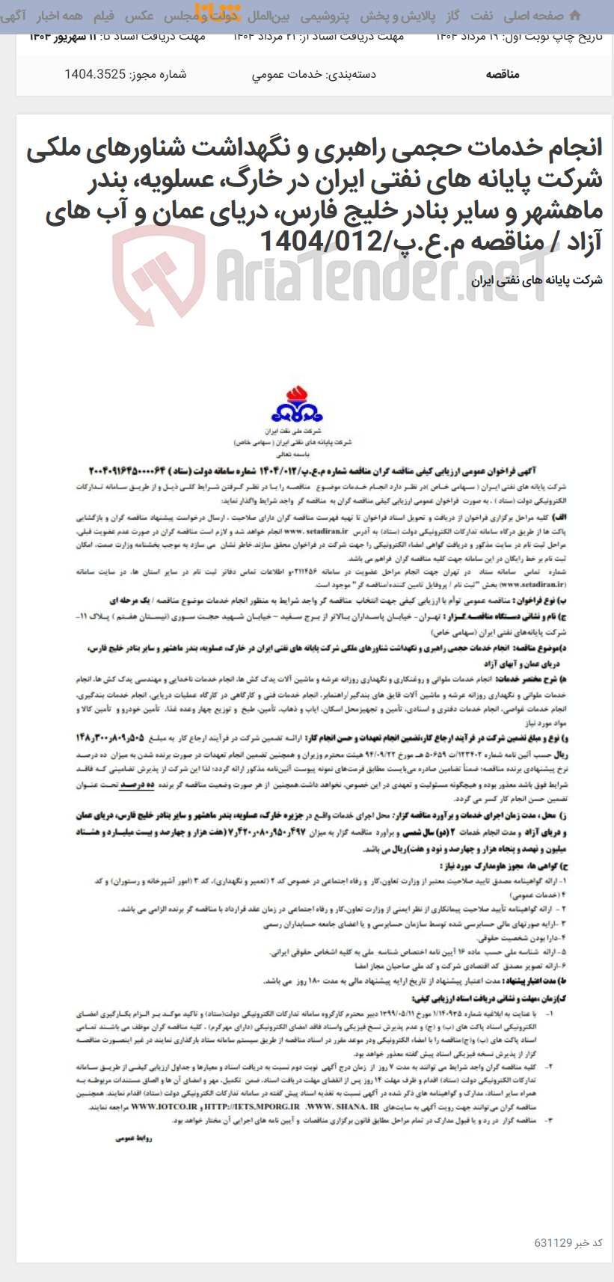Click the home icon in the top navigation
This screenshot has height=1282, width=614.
tap(575, 16)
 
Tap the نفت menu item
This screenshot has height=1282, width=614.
tap(481, 16)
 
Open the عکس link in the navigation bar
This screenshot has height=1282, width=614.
tap(139, 16)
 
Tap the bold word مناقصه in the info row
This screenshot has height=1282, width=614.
tap(503, 74)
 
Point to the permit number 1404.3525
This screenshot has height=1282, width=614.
tap(94, 74)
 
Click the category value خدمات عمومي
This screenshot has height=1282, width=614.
tap(287, 74)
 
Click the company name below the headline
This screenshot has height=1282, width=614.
tap(537, 280)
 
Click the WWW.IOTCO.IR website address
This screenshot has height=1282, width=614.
tap(165, 1106)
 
